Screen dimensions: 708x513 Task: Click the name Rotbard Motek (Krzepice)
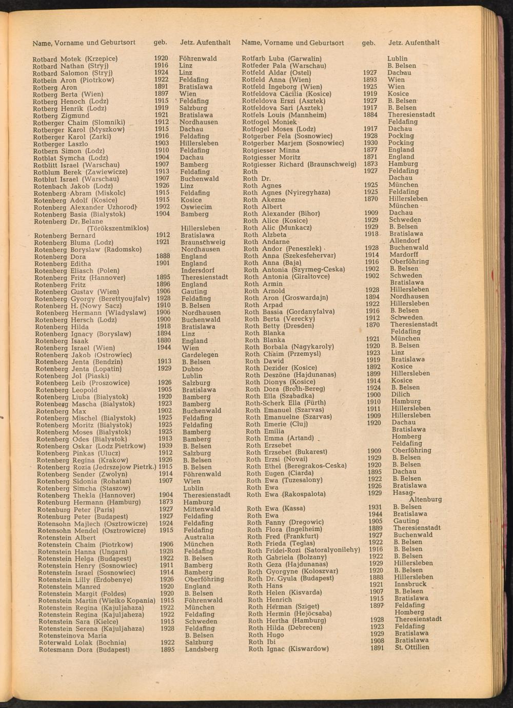75,59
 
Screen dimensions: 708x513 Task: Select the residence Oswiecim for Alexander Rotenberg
196,207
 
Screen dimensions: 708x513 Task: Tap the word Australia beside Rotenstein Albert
199,537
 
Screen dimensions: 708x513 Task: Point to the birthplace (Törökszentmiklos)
117,228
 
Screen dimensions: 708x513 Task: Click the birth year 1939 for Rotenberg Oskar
165,446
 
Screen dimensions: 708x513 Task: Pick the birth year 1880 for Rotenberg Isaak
164,340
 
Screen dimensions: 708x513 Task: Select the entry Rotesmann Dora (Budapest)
84,649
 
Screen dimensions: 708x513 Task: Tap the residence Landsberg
202,649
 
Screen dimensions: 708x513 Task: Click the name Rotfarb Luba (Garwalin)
282,59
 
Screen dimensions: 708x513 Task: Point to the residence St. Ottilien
412,647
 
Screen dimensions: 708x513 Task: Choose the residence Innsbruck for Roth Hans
410,584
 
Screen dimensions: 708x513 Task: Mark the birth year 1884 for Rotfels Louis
370,115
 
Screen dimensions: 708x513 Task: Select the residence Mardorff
404,255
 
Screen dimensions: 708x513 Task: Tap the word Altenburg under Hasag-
425,499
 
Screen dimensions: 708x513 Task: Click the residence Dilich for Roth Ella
401,395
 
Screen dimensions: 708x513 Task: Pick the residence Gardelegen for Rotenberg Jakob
200,355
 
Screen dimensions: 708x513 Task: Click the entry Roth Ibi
262,642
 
